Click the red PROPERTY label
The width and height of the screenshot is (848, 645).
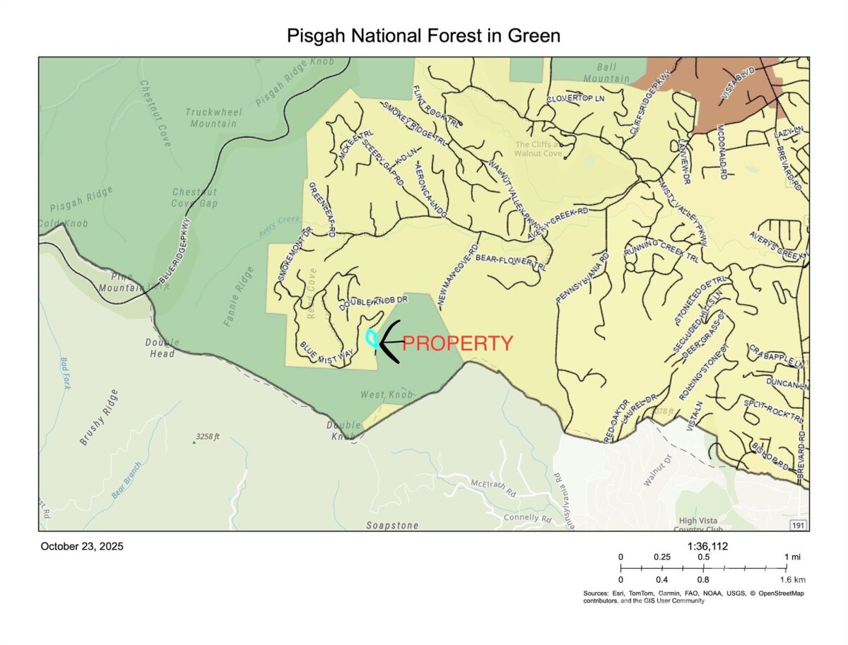(458, 344)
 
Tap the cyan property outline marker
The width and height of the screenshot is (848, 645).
(370, 338)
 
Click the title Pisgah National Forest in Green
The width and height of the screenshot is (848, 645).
(423, 36)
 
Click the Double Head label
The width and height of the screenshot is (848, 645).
(163, 348)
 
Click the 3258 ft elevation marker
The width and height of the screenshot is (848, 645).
(206, 437)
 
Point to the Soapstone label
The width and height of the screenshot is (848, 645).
(392, 526)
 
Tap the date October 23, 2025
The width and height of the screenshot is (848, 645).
(82, 546)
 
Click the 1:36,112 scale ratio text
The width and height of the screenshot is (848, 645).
(707, 546)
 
